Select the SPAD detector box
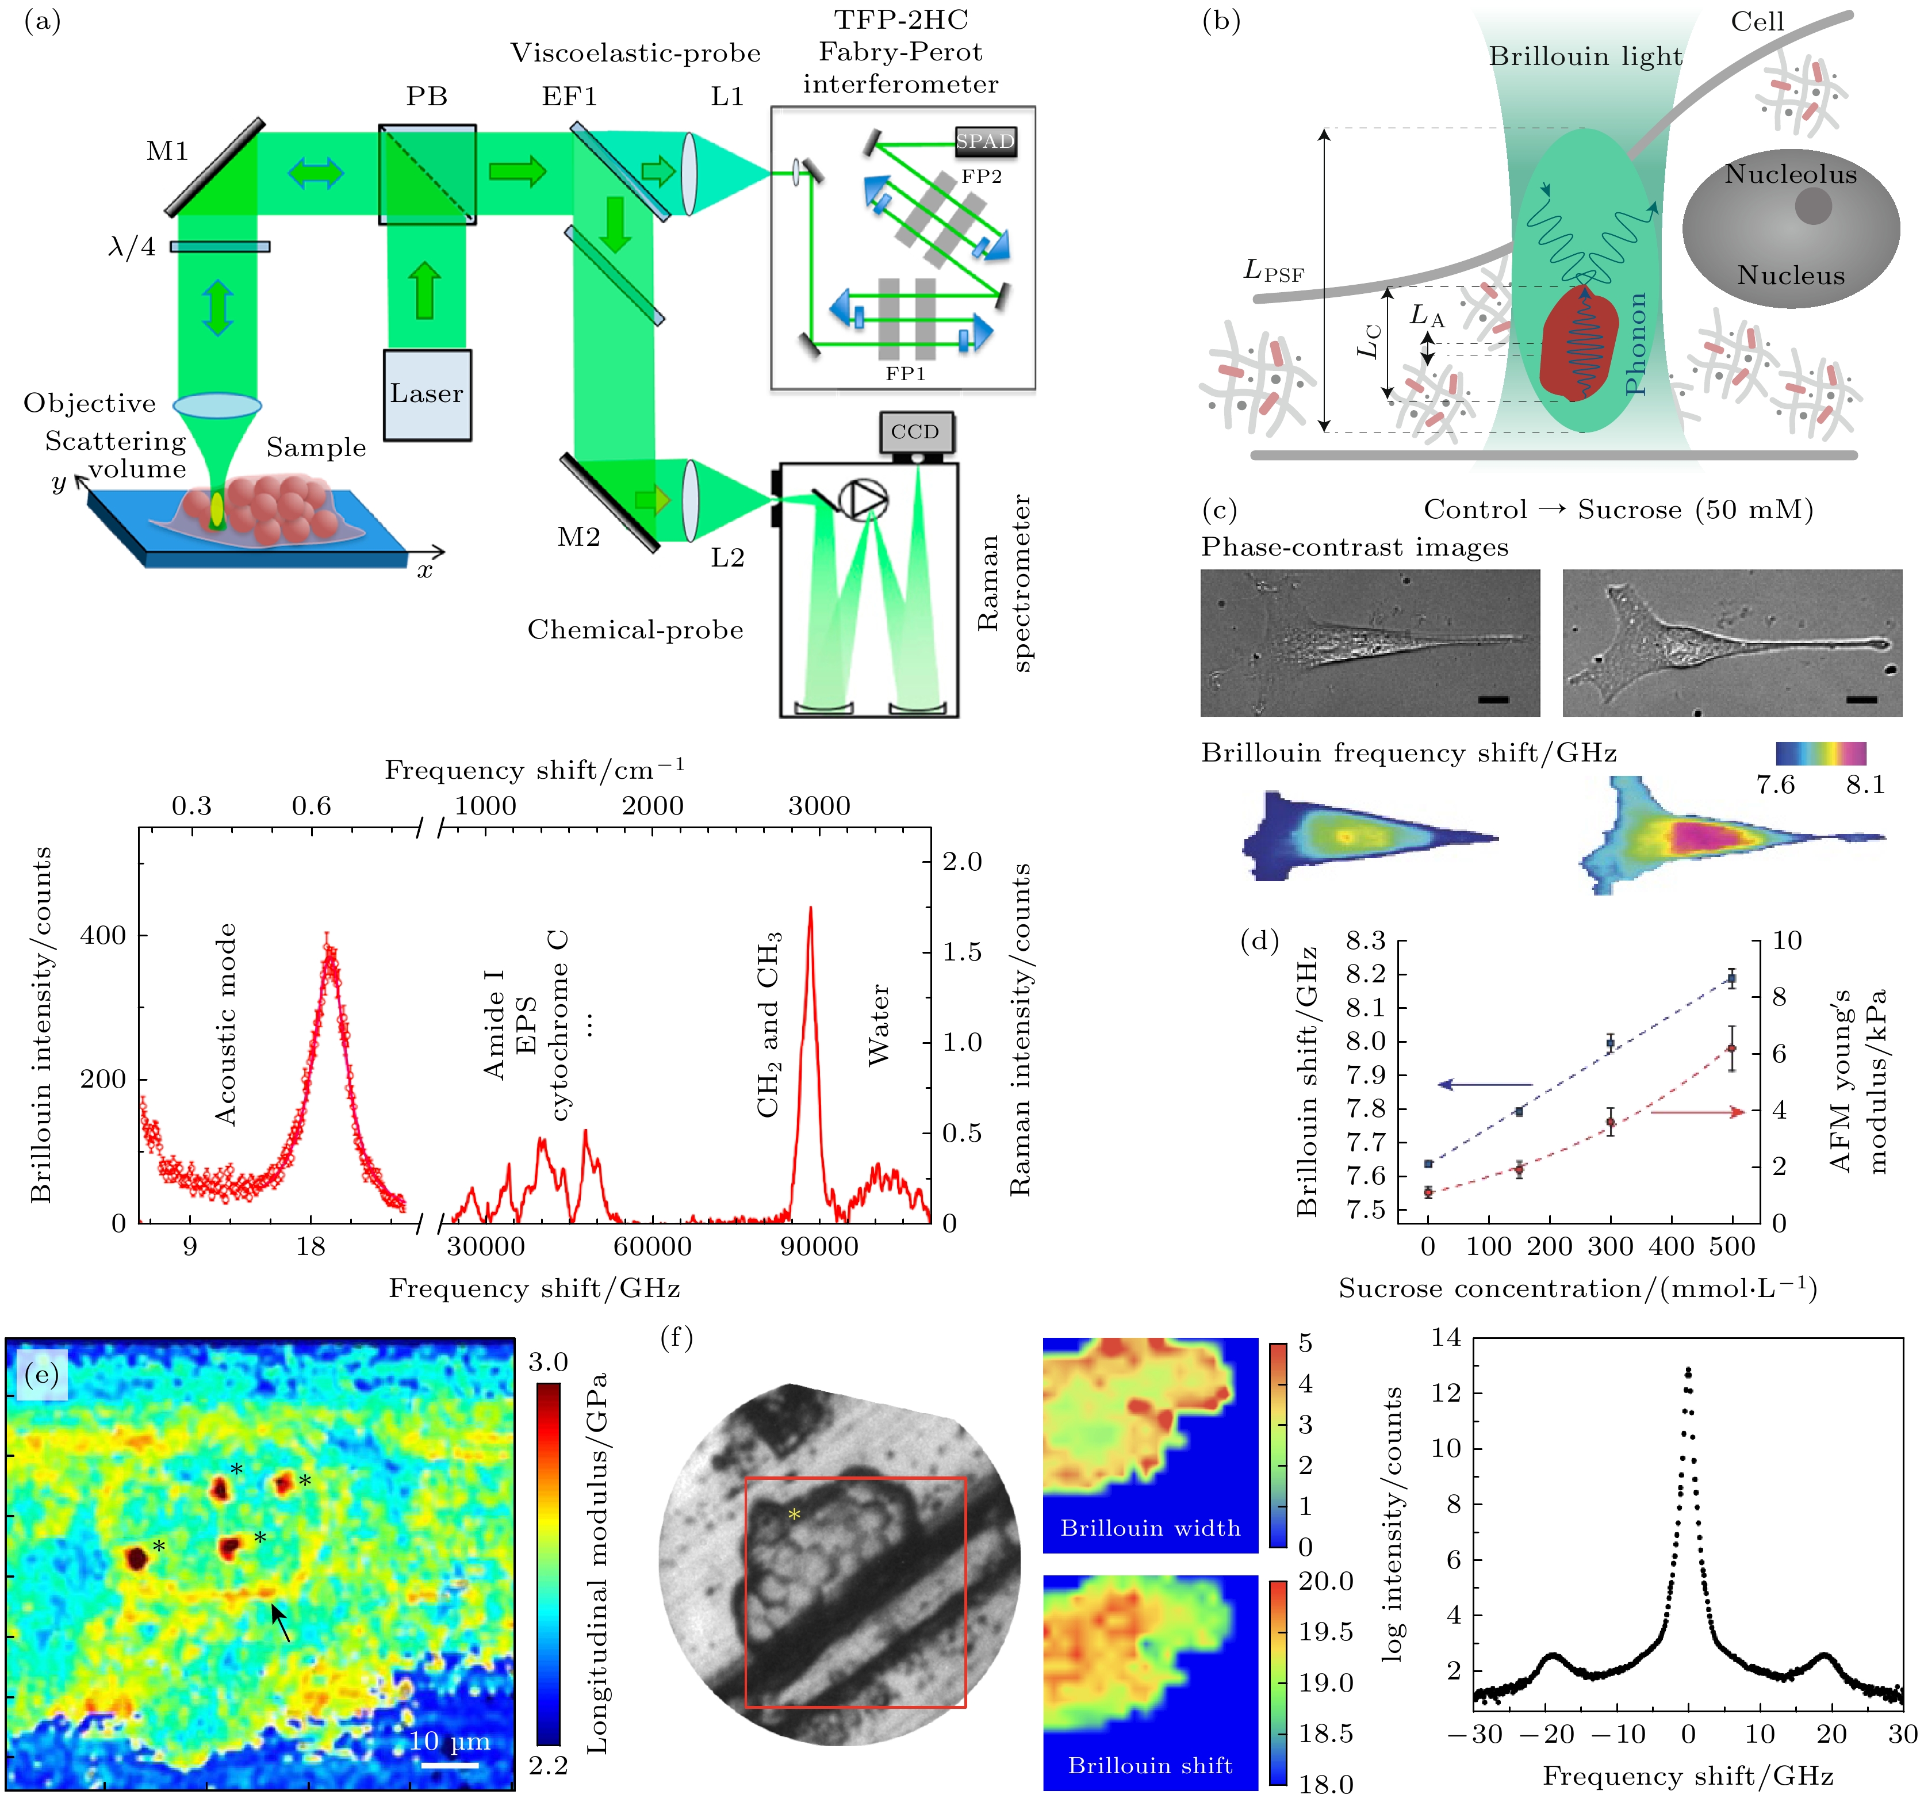[985, 141]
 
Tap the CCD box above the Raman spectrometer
[915, 432]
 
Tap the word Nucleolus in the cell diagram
[1791, 174]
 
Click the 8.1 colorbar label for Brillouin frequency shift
[1865, 784]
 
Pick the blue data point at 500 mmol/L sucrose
[1731, 978]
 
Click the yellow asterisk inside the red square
[795, 1514]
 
